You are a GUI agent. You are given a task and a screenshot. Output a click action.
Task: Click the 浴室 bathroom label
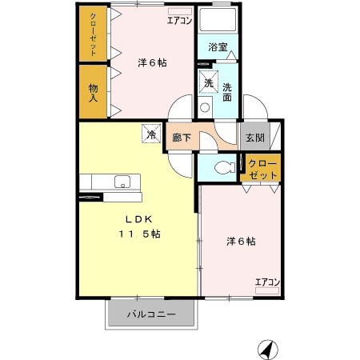pos(218,47)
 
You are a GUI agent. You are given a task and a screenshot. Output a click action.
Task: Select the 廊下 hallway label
pos(182,138)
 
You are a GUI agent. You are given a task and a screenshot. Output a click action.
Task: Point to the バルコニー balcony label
pos(150,314)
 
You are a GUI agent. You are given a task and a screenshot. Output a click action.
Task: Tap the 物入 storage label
pos(93,92)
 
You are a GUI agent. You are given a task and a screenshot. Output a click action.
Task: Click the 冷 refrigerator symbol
pos(150,134)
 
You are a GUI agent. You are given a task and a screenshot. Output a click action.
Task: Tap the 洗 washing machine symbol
pos(208,82)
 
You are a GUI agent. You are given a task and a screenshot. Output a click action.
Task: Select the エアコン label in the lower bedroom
pos(267,282)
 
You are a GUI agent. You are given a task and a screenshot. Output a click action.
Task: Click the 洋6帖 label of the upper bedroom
pos(151,62)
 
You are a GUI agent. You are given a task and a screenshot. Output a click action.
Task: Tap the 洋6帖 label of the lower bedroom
pos(240,240)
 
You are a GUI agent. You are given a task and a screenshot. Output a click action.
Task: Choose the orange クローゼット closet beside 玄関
pos(263,169)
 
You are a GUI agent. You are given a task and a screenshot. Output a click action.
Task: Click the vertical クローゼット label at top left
pos(93,34)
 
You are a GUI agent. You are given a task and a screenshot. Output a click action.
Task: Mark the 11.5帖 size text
pos(142,234)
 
